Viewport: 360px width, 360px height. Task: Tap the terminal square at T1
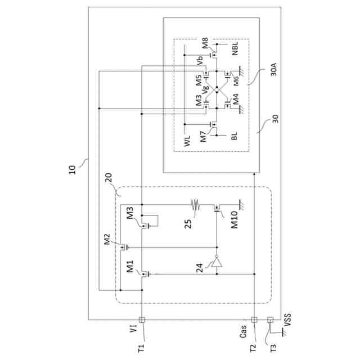point(142,319)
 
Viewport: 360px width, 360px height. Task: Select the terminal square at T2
point(254,319)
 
